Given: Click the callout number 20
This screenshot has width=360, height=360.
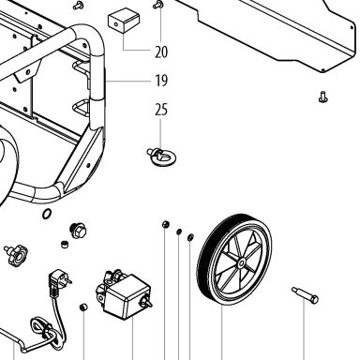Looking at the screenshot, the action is [161, 52].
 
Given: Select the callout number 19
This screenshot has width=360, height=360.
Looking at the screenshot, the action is [161, 81].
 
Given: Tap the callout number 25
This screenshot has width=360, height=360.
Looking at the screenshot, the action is [161, 110].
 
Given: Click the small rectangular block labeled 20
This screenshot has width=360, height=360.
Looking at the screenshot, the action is [124, 21].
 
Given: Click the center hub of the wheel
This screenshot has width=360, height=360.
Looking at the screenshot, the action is [241, 263].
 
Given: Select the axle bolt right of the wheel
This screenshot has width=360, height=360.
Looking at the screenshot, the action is [306, 295].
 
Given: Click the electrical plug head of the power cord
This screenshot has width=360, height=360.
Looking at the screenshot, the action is [58, 280].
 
